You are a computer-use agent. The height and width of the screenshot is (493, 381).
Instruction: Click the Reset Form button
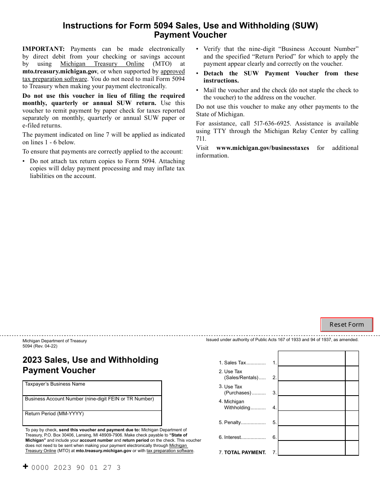tap(347, 325)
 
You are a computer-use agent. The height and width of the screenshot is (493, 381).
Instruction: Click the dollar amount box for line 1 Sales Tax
tap(311, 359)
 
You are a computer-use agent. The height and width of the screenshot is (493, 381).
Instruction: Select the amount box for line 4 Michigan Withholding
tap(311, 404)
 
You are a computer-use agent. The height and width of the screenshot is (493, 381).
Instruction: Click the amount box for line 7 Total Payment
tap(311, 449)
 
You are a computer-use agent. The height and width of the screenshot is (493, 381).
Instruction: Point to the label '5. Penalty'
tap(241, 422)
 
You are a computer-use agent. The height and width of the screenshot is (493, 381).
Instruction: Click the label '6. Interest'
tap(241, 437)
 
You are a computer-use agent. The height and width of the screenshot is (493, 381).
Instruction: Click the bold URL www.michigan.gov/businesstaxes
tap(262, 148)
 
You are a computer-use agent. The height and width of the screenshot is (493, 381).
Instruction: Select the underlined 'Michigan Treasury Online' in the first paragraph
tap(102, 64)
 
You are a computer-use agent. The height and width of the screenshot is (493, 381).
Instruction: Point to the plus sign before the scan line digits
tap(26, 467)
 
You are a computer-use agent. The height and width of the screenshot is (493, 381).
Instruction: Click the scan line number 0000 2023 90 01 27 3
tap(76, 467)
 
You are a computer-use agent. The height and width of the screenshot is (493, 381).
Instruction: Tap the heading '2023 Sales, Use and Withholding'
tap(91, 360)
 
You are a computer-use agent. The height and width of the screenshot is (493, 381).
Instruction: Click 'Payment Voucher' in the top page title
tap(190, 35)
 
